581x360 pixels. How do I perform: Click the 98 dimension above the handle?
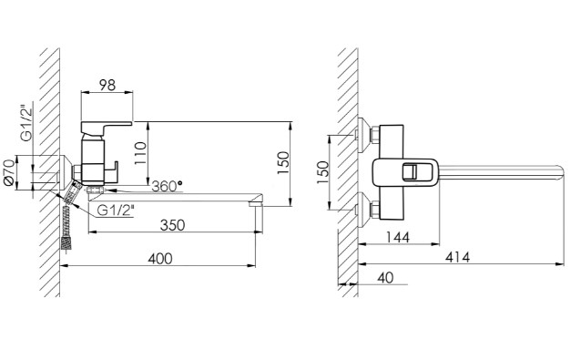tap(107, 86)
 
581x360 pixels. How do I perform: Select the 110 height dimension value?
tap(140, 154)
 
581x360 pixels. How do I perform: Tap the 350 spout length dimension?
tap(172, 225)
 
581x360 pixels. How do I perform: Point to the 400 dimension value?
tap(160, 259)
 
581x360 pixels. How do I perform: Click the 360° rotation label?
tap(168, 186)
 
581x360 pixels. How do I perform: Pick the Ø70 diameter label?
tap(8, 172)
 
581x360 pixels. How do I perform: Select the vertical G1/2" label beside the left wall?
tap(26, 124)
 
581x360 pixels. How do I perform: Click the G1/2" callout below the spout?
tap(115, 211)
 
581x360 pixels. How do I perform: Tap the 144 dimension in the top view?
tap(398, 237)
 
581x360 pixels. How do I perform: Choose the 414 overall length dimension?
tap(457, 257)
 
